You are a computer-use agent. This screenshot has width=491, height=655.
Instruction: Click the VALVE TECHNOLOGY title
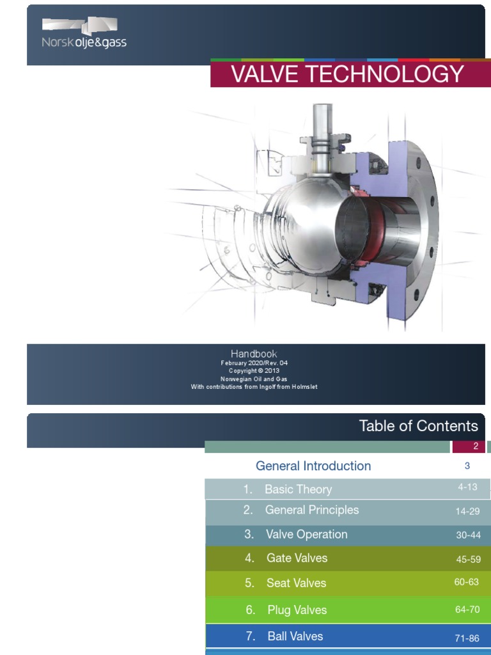tap(347, 75)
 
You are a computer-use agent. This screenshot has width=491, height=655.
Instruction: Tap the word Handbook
tap(254, 353)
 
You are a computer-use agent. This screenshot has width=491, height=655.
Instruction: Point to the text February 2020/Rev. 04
tap(254, 363)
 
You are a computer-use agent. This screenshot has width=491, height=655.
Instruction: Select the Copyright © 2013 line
tap(254, 370)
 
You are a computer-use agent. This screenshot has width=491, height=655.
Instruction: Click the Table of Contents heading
tap(418, 426)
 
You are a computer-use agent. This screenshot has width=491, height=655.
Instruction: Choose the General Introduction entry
tap(313, 466)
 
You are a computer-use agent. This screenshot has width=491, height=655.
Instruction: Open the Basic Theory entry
tap(298, 489)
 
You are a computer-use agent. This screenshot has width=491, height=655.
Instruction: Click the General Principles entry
tap(311, 510)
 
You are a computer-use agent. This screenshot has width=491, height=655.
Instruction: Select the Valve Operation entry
tap(306, 534)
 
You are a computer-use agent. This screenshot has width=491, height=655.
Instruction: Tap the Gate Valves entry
tap(297, 558)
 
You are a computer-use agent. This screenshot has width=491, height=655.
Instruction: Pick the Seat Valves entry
tap(296, 583)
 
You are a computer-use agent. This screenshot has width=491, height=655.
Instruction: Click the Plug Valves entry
tap(297, 610)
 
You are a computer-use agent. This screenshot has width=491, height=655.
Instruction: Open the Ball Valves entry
tap(295, 636)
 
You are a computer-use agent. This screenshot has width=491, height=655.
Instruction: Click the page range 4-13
tap(467, 487)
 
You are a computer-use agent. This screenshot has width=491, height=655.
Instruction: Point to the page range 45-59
tap(468, 559)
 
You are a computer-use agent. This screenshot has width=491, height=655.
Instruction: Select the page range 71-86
tap(467, 638)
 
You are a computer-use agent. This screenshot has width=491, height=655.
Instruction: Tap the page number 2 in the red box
tap(476, 446)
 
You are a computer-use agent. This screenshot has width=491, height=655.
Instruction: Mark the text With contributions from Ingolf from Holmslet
tap(254, 386)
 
